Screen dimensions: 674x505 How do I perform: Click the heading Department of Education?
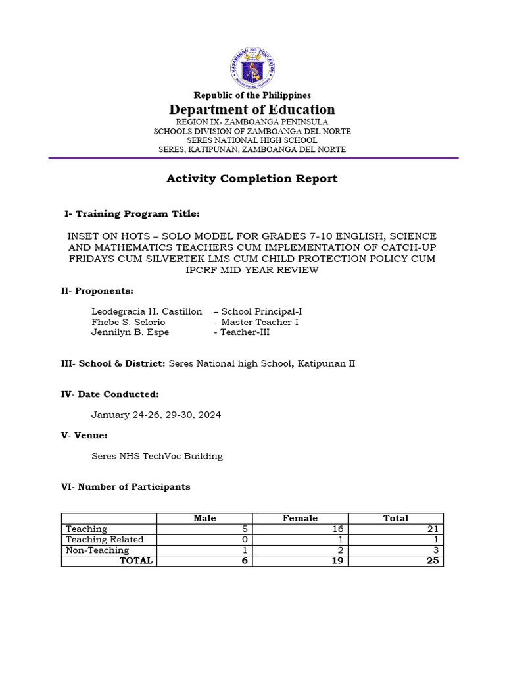click(252, 109)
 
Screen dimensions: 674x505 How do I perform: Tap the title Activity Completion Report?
click(252, 178)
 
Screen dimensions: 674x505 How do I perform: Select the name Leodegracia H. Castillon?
click(147, 311)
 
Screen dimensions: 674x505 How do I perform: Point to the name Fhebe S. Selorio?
click(128, 322)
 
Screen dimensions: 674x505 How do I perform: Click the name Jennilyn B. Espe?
click(130, 332)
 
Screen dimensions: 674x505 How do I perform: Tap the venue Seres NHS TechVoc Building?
click(157, 456)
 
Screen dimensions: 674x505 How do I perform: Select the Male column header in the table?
click(204, 519)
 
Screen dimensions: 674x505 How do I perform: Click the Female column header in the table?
click(300, 519)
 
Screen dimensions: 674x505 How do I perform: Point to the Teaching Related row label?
click(105, 540)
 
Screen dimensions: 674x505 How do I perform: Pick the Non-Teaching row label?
click(97, 550)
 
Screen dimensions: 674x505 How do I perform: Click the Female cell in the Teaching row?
click(337, 529)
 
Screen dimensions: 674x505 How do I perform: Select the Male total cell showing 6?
click(243, 561)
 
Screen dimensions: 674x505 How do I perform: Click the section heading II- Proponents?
click(97, 290)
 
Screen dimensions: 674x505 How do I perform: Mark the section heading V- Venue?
click(84, 436)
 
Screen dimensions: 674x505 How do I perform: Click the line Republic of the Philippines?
click(252, 95)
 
